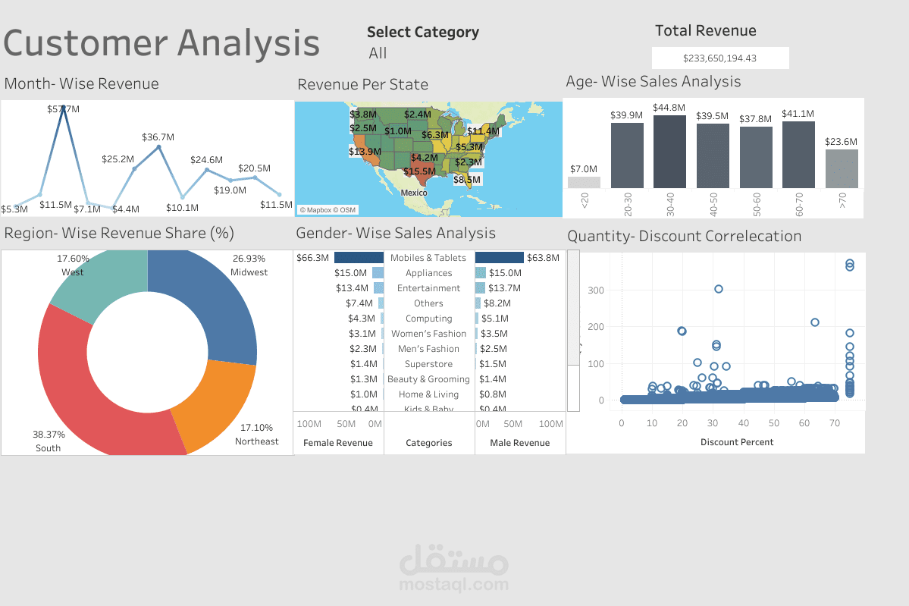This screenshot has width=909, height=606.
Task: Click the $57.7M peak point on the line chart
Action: point(64,108)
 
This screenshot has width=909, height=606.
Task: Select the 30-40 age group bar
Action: point(669,152)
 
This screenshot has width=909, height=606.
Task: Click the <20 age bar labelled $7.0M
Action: point(584,182)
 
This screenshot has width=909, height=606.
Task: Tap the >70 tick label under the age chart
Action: point(842,201)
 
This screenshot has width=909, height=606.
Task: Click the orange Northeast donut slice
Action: point(215,402)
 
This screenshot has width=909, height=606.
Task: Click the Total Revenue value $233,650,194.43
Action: point(719,58)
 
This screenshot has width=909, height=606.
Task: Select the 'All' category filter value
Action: point(378,53)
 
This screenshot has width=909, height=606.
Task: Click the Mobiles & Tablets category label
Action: point(428,258)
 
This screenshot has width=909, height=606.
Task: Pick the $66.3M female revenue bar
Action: point(359,258)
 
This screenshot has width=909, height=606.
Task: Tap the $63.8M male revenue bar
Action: point(500,258)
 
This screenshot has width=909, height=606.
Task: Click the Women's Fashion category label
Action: point(428,334)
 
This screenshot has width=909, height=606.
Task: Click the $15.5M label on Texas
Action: point(419,171)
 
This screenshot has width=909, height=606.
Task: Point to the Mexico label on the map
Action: point(414,193)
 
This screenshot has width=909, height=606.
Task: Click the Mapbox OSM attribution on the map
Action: point(327,210)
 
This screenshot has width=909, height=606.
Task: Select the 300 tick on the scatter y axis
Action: point(595,290)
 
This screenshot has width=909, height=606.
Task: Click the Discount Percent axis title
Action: point(737,442)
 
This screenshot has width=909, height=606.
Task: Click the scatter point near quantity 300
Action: point(718,289)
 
